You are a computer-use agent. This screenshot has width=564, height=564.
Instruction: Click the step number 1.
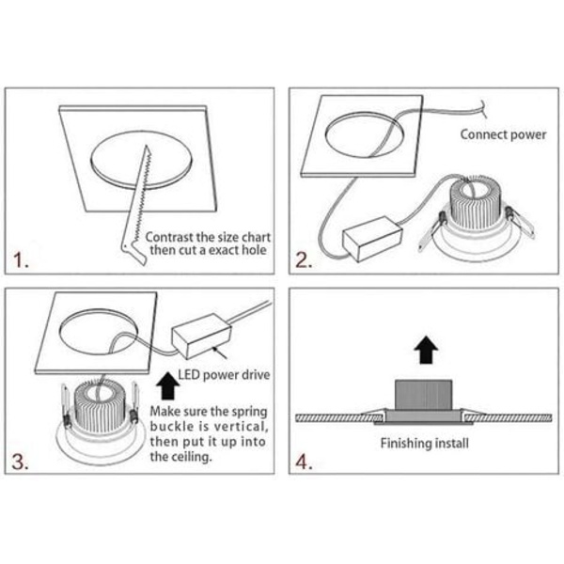coord(21,259)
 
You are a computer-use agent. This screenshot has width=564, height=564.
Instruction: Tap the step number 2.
coord(304,259)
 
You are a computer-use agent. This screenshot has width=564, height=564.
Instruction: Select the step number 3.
coord(20,462)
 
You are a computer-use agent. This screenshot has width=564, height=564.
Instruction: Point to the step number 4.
coord(304,462)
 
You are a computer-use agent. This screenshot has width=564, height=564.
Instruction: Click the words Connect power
coord(503,134)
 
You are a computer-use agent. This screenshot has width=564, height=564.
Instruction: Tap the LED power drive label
coord(224,375)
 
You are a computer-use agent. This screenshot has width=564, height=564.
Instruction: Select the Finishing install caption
coord(425,443)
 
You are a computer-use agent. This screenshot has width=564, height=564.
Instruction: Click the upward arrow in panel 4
coord(426,350)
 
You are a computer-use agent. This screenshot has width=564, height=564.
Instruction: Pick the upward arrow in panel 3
coord(168,386)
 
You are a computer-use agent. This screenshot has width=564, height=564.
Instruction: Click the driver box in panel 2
coord(372,239)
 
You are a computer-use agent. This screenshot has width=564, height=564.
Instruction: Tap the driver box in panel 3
coord(201,336)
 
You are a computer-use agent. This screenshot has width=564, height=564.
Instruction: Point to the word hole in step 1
coord(254,250)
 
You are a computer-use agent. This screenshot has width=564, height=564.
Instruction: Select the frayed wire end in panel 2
coord(483,108)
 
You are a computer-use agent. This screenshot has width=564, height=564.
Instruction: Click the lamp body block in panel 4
coord(423,395)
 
